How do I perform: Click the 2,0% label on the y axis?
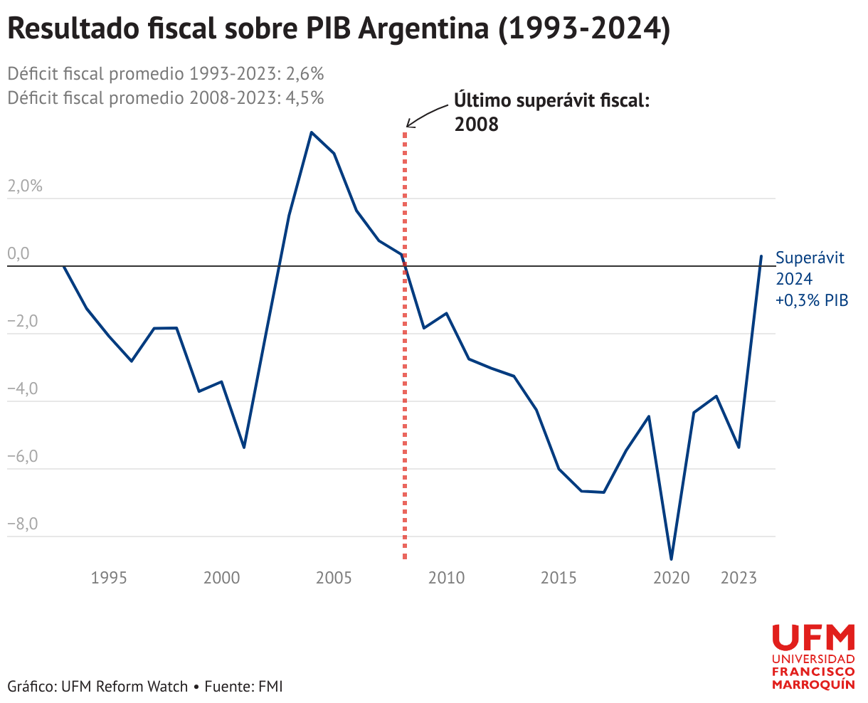25,186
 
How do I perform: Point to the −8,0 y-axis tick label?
23,523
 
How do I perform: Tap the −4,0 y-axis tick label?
23,388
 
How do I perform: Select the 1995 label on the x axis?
109,578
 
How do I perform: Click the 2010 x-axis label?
446,578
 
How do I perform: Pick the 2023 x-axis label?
739,578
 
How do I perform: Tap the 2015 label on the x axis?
559,578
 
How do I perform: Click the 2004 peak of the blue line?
312,132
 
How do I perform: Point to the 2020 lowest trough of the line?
671,559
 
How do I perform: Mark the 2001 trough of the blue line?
244,448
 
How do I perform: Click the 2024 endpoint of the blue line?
761,256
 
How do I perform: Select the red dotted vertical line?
405,346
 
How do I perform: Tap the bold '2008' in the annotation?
477,125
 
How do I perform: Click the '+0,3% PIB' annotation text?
812,300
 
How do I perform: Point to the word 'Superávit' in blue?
810,258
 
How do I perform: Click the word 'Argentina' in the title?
424,29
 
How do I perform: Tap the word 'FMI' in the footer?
270,687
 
